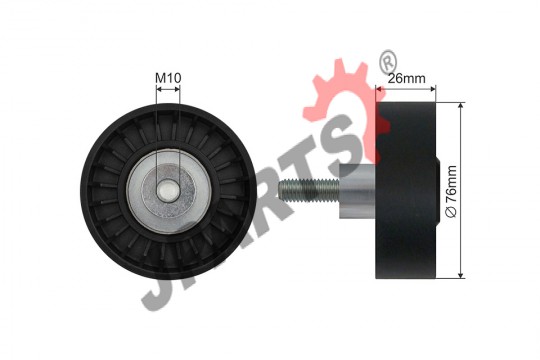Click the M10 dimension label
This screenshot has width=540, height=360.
[x=168, y=78]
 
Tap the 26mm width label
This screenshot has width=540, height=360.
[x=407, y=79]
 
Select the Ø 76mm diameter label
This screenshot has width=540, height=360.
[x=451, y=191]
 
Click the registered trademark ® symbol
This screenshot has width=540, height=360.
[x=388, y=61]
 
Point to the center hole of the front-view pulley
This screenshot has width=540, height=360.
[x=168, y=191]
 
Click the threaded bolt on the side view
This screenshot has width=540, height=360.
[x=309, y=191]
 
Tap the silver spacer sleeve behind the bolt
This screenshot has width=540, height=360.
[x=357, y=191]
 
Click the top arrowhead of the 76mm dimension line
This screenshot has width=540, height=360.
[x=461, y=105]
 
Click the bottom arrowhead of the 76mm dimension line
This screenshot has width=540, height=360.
[x=461, y=275]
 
